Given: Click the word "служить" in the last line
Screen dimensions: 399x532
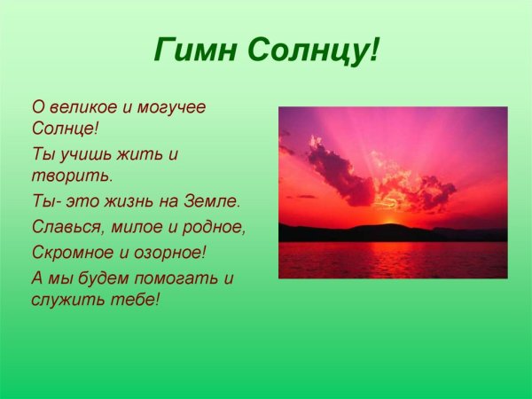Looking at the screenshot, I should [x=64, y=300].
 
